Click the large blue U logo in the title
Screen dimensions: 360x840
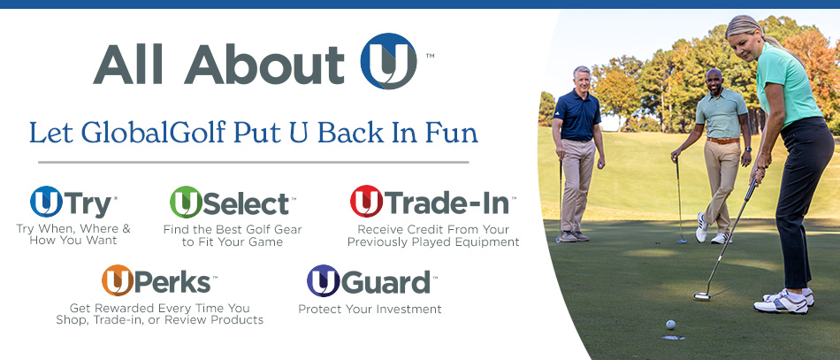388,61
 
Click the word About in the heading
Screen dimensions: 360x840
266,63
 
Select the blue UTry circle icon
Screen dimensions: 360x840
45,202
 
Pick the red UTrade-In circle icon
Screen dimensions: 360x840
366,202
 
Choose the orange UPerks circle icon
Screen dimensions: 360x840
118,280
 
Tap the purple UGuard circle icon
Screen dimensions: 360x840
323,280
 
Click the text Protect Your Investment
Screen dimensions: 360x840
370,310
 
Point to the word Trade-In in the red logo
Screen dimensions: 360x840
447,203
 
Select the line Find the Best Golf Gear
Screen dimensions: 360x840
233,229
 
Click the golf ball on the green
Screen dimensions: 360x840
671,324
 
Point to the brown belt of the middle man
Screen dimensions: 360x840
722,140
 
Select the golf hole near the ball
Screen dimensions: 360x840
672,337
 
